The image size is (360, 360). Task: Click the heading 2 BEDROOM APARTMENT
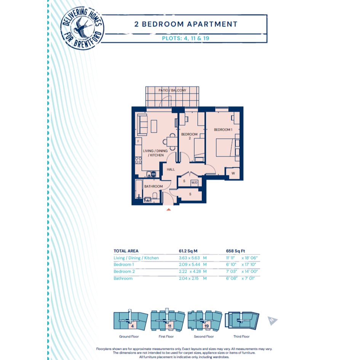[x=186, y=24]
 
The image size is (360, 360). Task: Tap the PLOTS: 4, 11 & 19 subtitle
[x=186, y=38]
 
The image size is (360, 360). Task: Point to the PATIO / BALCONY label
[x=173, y=90]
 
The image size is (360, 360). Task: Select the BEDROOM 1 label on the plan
[x=223, y=130]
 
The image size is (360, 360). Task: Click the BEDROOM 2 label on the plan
[x=189, y=136]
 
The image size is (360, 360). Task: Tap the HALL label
[x=171, y=170]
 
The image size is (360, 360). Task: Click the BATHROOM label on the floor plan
[x=154, y=186]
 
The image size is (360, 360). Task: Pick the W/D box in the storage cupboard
[x=194, y=183]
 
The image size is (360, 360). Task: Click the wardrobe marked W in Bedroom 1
[x=233, y=173]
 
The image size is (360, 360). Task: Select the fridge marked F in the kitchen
[x=138, y=141]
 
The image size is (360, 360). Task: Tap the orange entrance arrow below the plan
[x=168, y=210]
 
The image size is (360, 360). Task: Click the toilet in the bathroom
[x=155, y=195]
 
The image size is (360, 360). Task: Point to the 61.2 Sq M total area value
[x=188, y=251]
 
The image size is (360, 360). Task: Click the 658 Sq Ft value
[x=235, y=251]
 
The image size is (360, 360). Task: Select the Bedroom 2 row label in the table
[x=124, y=271]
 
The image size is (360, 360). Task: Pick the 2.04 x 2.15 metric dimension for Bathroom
[x=189, y=278]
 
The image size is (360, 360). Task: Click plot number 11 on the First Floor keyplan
[x=170, y=326]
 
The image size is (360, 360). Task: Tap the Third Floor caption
[x=241, y=336]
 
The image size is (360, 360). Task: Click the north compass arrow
[x=272, y=320]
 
